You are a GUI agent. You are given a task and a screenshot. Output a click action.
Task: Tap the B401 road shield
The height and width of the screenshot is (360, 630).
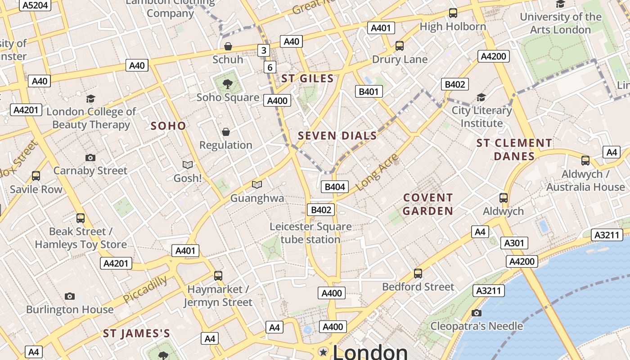click(x=369, y=92)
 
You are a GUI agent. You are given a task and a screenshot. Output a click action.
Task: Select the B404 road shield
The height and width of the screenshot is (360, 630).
click(x=335, y=187)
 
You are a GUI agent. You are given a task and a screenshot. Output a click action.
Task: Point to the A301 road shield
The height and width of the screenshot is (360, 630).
click(x=514, y=243)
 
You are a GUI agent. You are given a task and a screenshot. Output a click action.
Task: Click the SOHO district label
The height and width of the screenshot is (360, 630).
click(x=168, y=126)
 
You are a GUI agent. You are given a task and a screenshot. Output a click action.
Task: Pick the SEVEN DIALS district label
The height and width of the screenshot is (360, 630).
click(x=337, y=136)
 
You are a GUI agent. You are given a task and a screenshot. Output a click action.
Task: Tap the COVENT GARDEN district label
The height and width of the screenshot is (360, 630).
click(x=427, y=204)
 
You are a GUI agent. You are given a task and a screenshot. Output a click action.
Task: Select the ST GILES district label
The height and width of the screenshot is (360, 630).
click(x=307, y=79)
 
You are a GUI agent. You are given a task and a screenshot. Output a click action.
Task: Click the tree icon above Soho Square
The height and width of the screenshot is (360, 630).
click(x=228, y=83)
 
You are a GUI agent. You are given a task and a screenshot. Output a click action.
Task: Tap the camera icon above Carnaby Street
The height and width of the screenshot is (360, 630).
click(x=90, y=157)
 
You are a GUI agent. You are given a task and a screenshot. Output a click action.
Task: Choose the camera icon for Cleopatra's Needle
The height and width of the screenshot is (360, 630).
click(x=476, y=313)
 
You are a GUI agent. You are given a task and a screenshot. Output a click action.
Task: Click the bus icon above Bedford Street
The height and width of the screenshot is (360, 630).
click(x=418, y=273)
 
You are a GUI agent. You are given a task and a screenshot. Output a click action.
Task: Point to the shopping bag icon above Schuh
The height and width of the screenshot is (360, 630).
click(x=228, y=46)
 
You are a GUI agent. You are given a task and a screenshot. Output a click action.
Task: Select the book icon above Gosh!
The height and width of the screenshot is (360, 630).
click(x=188, y=165)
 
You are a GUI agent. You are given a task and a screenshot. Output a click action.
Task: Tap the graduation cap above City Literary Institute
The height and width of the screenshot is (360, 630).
click(x=481, y=97)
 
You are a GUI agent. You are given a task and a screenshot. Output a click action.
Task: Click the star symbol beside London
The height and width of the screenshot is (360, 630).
click(x=323, y=352)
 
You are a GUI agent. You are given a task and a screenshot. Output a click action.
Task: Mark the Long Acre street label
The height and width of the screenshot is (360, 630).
click(x=377, y=172)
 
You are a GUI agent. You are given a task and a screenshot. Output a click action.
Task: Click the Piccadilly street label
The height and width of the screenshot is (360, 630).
click(x=145, y=289)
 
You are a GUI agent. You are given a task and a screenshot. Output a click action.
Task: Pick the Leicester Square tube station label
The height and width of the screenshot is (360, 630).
click(x=310, y=233)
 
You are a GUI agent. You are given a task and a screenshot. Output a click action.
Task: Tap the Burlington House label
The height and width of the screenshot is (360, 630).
click(x=70, y=310)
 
